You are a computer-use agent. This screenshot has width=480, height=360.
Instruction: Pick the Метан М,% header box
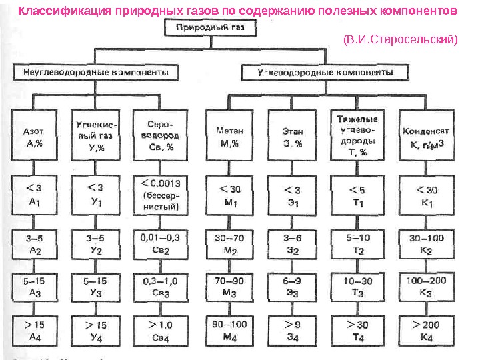pos(229,136)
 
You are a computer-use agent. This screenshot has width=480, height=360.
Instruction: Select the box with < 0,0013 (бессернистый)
pos(161,194)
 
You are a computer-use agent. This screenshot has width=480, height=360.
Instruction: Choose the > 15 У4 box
pos(95,330)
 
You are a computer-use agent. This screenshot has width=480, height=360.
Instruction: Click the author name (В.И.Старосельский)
pos(400,39)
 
